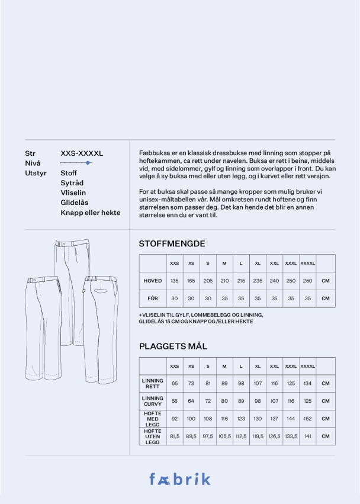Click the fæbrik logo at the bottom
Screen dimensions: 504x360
pos(179,479)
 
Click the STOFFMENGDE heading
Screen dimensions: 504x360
pos(172,243)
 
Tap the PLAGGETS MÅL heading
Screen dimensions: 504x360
pos(173,346)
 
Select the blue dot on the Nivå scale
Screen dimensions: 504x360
pos(88,162)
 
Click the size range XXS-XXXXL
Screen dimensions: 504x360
pos(82,153)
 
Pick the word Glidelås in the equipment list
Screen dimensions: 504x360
pos(75,203)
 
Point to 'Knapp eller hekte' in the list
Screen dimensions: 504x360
pos(91,213)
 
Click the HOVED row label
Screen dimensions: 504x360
pos(153,281)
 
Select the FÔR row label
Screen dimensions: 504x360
pos(153,298)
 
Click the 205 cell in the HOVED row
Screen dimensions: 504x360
pos(208,281)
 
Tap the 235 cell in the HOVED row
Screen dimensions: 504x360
pos(258,281)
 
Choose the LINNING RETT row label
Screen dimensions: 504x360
pos(153,383)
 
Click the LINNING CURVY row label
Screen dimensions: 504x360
pos(153,401)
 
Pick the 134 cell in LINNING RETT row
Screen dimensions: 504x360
pos(307,383)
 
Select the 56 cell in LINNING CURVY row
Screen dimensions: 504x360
pos(175,401)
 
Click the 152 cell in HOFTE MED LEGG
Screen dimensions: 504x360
pos(307,419)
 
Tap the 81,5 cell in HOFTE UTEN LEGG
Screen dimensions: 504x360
pos(175,436)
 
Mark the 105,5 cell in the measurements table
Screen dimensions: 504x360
pos(224,436)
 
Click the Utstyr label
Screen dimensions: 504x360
pos(36,173)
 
